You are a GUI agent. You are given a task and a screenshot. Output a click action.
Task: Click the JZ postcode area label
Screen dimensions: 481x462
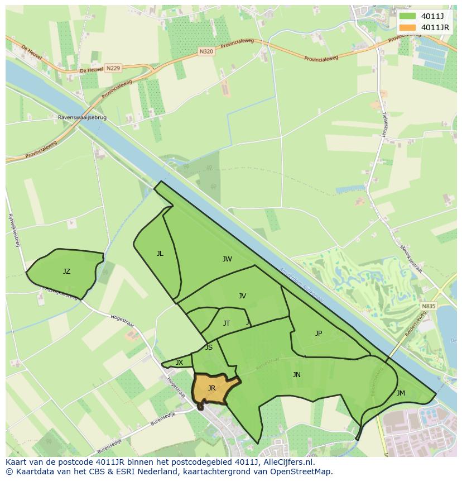tap(66, 272)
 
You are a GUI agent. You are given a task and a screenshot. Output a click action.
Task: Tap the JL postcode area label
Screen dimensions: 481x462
tap(160, 254)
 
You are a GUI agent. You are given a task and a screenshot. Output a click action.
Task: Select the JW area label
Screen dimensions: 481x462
tap(227, 259)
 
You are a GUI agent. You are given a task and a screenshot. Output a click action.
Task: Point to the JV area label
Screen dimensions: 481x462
tap(242, 296)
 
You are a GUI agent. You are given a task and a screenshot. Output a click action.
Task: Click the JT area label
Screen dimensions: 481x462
tap(227, 323)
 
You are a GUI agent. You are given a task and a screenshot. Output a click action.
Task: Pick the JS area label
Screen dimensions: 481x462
tap(209, 347)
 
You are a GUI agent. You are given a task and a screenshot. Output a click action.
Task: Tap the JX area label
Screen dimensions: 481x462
tap(179, 363)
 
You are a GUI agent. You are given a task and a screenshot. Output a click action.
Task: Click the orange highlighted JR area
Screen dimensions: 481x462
tap(211, 388)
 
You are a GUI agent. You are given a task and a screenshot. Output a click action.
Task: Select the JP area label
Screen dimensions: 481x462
tap(319, 334)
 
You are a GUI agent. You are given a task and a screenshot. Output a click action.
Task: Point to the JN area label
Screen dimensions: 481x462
tap(297, 375)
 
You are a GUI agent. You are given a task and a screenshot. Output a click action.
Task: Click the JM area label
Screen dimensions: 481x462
tap(401, 393)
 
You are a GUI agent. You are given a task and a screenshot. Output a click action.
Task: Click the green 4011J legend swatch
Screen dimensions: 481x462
tap(407, 16)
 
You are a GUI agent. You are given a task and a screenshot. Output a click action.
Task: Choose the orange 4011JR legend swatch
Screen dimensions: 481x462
tap(407, 27)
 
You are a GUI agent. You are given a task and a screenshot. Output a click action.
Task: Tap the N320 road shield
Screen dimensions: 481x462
tap(206, 51)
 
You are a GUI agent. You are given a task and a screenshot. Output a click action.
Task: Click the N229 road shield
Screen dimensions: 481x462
tap(113, 68)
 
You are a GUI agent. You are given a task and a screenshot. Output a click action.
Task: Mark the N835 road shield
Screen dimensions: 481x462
tap(429, 306)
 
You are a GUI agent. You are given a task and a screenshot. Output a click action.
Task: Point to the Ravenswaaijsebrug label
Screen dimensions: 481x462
tap(82, 118)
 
